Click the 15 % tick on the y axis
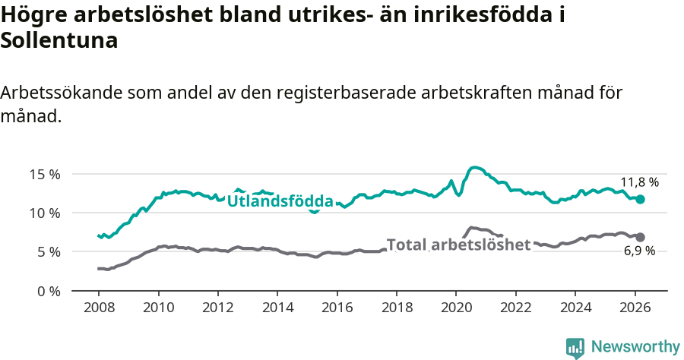(45, 174)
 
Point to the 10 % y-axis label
(45, 213)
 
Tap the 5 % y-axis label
(49, 252)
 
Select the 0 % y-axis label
(49, 291)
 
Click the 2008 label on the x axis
(99, 308)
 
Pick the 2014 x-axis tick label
(277, 308)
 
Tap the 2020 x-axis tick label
(456, 308)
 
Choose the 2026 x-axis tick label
(635, 308)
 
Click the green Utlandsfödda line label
(280, 201)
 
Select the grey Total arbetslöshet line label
(458, 245)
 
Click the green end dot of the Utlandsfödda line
(641, 199)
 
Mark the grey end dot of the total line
(641, 237)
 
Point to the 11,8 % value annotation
(639, 182)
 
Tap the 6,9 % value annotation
(639, 251)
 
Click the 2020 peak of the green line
(475, 167)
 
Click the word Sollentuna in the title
(59, 41)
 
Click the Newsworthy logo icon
(575, 347)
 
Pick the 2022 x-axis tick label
(515, 308)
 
